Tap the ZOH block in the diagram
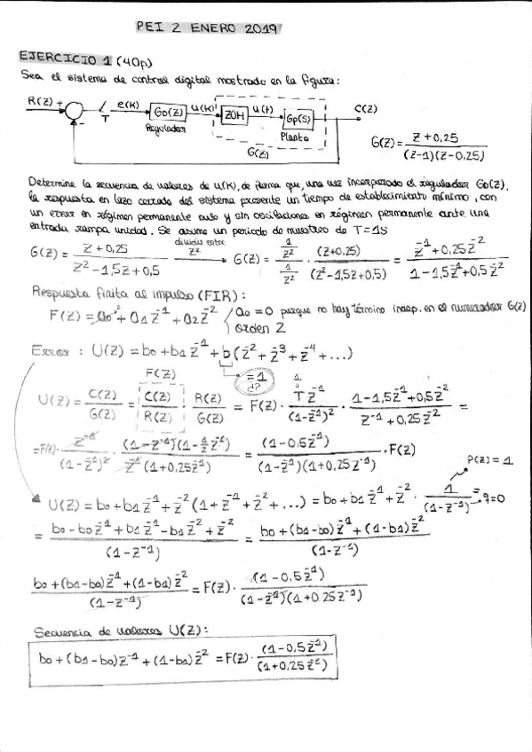pyautogui.click(x=234, y=115)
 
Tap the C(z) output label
pyautogui.click(x=365, y=109)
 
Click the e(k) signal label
pyautogui.click(x=128, y=104)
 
